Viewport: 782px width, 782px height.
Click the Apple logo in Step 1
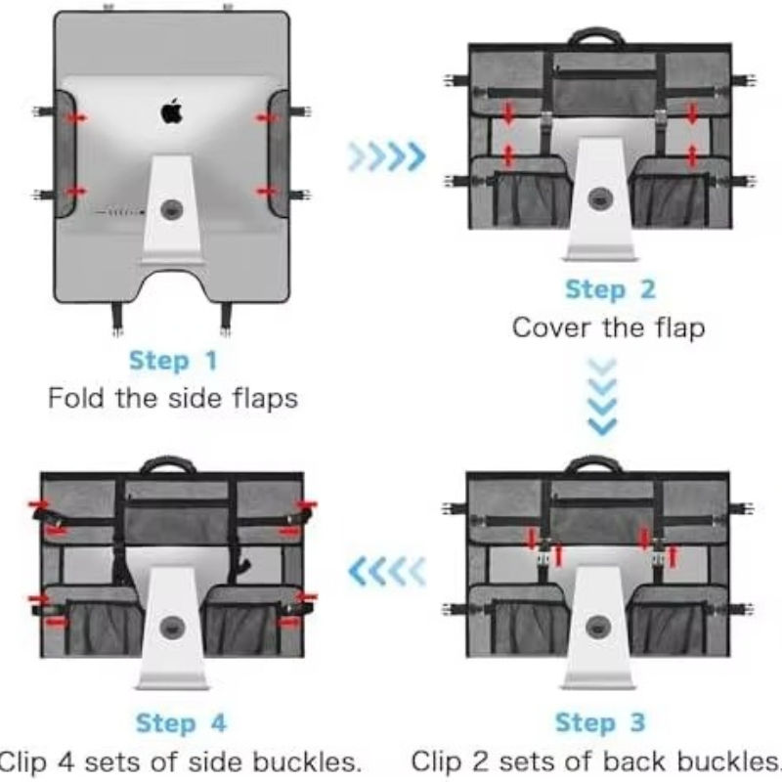[172, 111]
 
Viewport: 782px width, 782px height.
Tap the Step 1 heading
[173, 361]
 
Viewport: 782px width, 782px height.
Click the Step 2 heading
[610, 289]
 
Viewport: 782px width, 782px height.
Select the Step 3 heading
[600, 722]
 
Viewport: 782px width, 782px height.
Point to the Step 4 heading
[181, 722]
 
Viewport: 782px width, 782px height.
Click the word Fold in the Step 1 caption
[76, 398]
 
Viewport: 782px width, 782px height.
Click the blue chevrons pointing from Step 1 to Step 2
[387, 156]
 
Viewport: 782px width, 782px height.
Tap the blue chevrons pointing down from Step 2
[602, 397]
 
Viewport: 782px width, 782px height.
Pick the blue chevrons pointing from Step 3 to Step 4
[387, 572]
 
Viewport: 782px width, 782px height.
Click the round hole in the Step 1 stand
[172, 209]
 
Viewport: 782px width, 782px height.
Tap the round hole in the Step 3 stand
[598, 627]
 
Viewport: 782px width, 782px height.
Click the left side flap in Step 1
[65, 154]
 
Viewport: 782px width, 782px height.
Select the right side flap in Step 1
[279, 154]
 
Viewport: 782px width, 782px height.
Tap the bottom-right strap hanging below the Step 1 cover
[226, 318]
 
